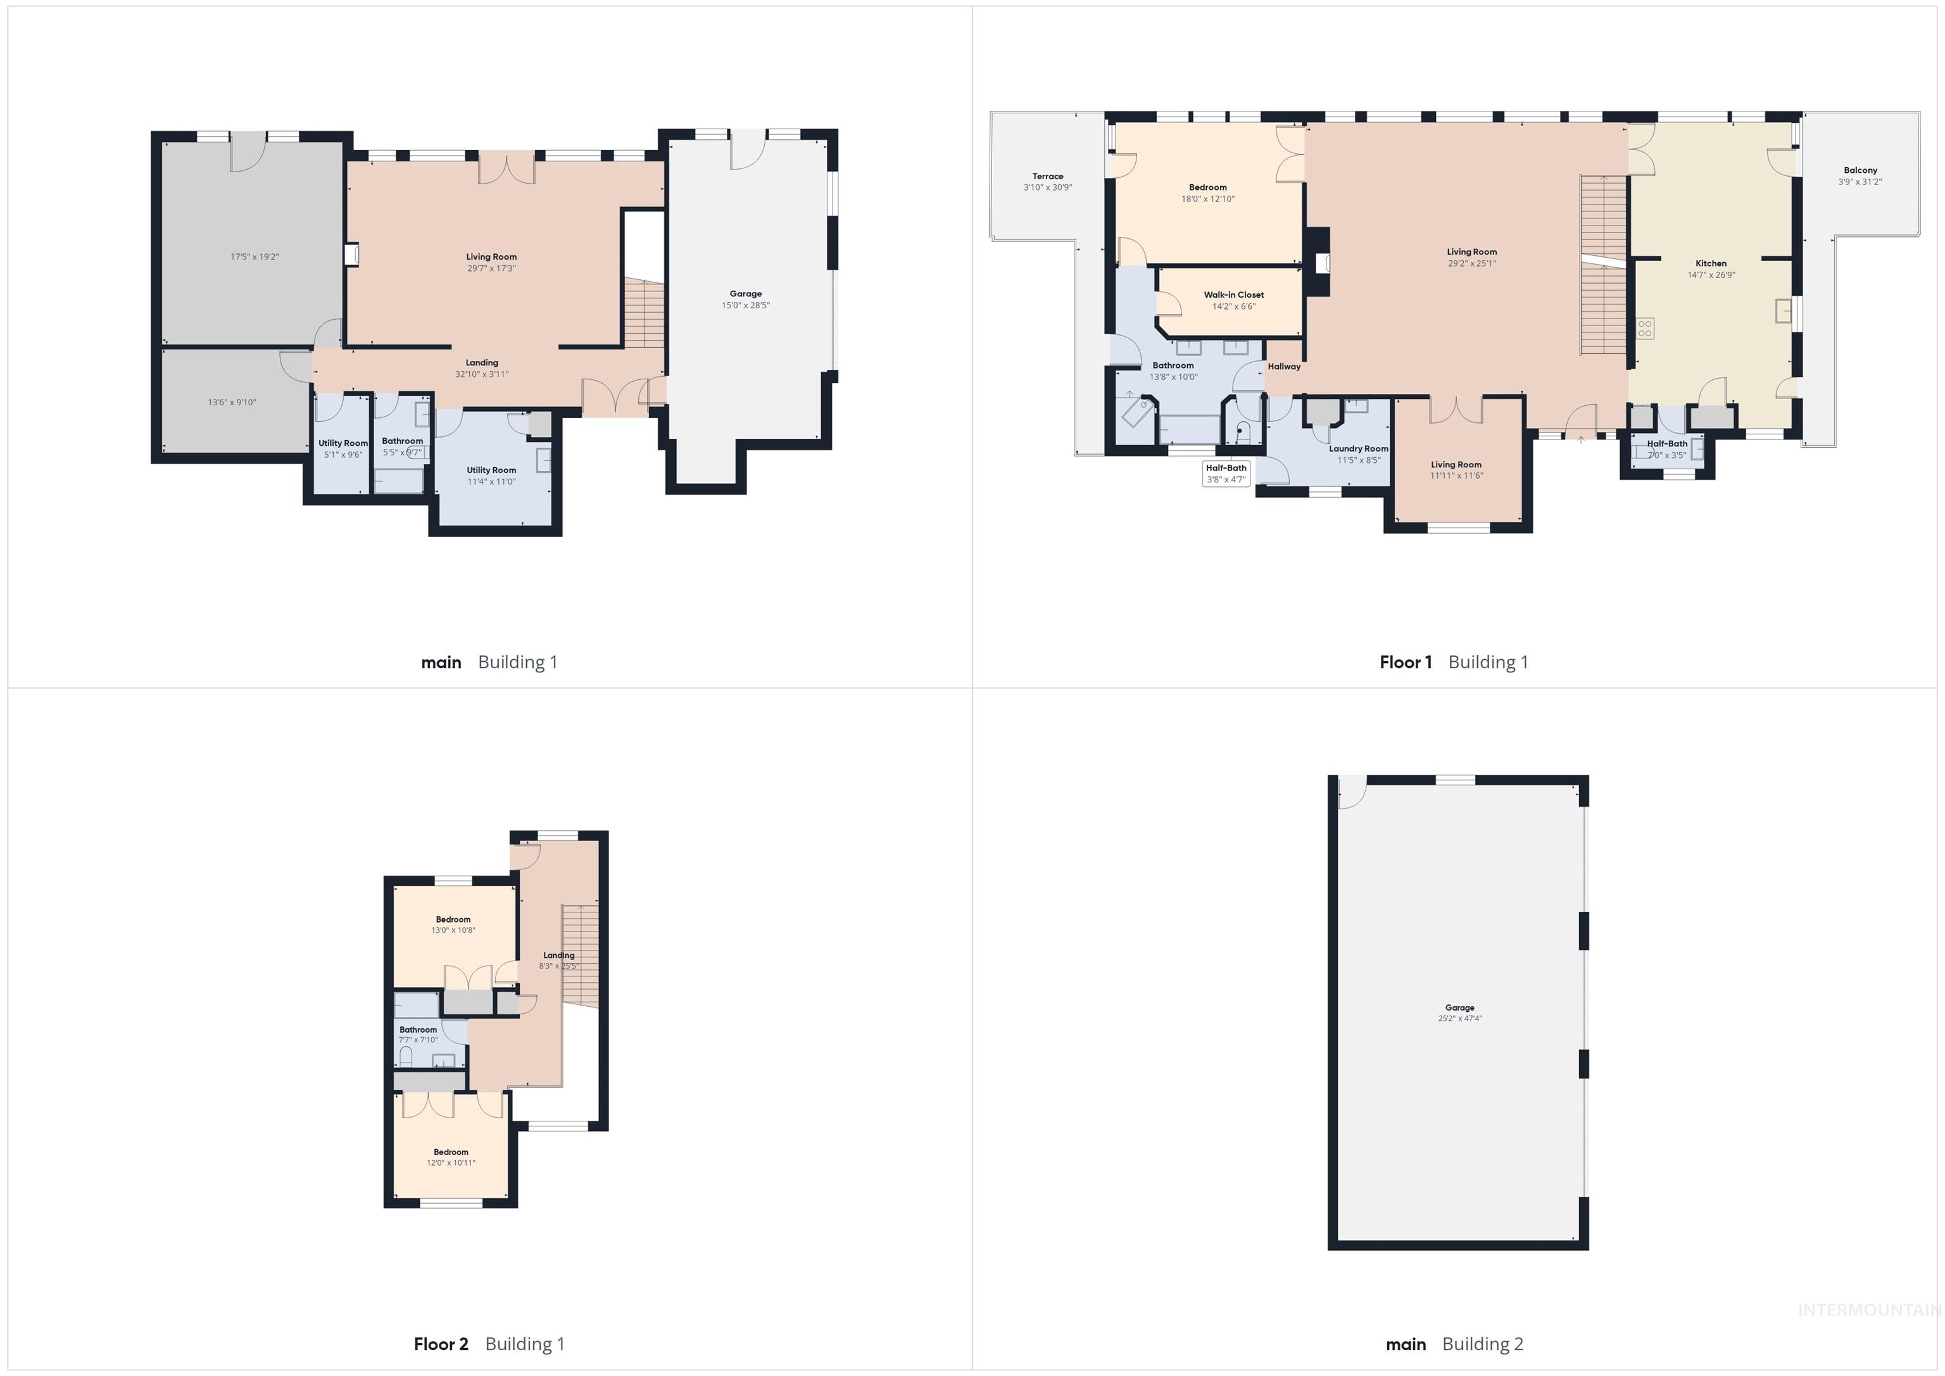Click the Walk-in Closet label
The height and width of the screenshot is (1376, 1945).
coord(1233,295)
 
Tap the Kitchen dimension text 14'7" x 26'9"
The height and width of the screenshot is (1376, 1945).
coord(1710,275)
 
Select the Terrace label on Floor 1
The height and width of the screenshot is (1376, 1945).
coord(1047,176)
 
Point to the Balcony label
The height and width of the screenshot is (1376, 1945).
coord(1860,170)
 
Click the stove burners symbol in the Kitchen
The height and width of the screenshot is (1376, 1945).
coord(1644,328)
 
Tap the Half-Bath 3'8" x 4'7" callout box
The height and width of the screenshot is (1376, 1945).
coord(1226,474)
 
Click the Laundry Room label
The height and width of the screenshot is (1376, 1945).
coord(1358,449)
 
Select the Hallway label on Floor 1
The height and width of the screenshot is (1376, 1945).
coord(1283,367)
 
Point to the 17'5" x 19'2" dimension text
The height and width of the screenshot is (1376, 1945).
coord(254,256)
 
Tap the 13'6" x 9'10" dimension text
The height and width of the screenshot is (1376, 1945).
coord(231,403)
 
